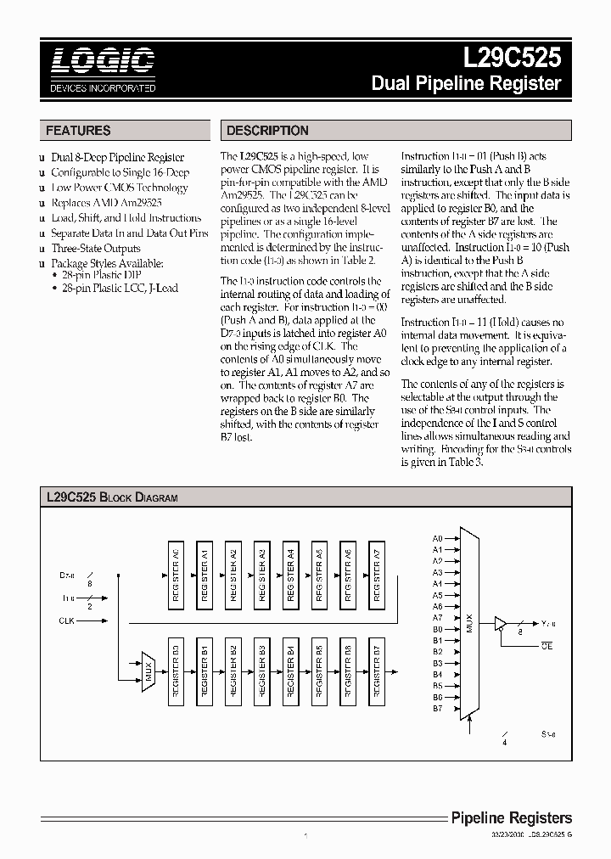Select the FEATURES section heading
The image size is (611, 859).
(78, 131)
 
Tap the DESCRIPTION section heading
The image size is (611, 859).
(266, 131)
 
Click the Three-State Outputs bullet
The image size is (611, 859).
(96, 248)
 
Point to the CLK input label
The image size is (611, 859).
(66, 620)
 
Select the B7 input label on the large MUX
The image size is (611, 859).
(437, 708)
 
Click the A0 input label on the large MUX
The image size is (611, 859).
(437, 539)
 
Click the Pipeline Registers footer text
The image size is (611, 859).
(510, 818)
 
